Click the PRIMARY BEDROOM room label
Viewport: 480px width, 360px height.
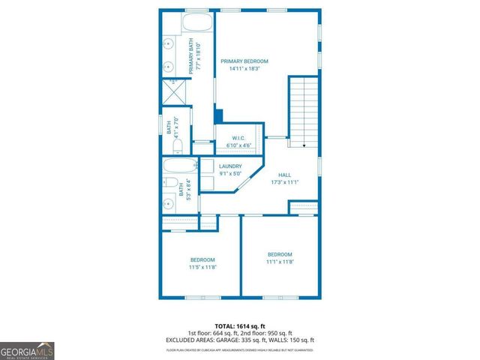pos(244,61)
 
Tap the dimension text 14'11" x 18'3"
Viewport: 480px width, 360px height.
pos(244,69)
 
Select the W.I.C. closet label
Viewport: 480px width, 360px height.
pos(239,137)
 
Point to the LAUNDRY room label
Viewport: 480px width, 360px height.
pos(230,166)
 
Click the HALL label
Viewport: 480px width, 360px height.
pos(285,174)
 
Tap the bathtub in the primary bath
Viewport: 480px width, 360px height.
pos(188,22)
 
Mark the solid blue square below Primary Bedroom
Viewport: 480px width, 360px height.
pos(218,117)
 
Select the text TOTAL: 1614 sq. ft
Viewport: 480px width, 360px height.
pos(240,325)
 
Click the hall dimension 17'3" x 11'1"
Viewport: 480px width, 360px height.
pos(285,182)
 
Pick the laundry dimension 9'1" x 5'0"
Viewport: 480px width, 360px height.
pos(230,174)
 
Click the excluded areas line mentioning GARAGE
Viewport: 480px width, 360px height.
pos(240,339)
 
